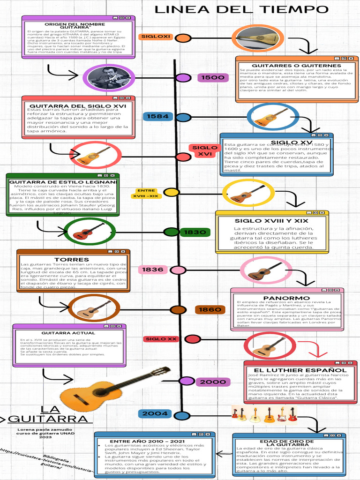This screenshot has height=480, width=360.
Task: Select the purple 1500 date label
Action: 213,78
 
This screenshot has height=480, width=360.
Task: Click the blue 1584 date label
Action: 157,116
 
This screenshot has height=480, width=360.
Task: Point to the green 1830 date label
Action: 195,232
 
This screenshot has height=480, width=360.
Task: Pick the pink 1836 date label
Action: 153,270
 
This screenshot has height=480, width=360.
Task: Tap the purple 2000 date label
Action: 213,382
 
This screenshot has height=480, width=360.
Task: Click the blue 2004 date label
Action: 155,413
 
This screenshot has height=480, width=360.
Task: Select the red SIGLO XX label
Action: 161,339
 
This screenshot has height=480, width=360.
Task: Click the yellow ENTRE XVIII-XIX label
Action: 146,193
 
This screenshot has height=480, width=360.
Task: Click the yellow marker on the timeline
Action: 172,192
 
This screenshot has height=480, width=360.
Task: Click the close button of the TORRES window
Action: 125,252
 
